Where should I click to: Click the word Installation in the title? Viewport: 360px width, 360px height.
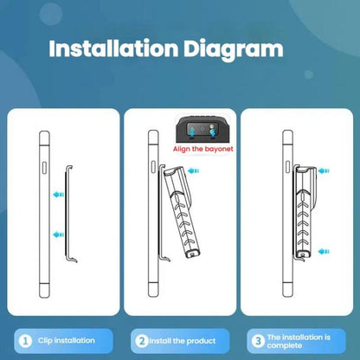(x=113, y=48)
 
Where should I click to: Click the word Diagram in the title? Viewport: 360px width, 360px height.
(x=234, y=50)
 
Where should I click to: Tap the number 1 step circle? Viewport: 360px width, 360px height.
(x=25, y=341)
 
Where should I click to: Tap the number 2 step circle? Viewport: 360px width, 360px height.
(x=142, y=341)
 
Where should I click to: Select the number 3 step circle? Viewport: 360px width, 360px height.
(x=258, y=341)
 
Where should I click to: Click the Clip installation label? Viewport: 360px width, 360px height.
(x=67, y=341)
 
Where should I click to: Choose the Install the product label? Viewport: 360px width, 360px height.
(x=183, y=341)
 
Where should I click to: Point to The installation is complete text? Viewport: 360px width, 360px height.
(x=299, y=341)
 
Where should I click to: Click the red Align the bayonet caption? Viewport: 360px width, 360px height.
(x=203, y=149)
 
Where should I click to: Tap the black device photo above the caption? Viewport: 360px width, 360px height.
(x=204, y=129)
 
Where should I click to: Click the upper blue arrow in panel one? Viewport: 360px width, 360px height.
(x=59, y=194)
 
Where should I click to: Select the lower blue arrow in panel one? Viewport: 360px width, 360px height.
(x=59, y=235)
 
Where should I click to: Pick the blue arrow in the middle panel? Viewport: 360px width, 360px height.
(x=194, y=171)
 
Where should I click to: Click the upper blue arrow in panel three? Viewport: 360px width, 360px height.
(x=324, y=171)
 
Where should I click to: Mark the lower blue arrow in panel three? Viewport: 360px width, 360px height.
(x=324, y=252)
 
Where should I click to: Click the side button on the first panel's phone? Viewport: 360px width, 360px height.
(x=44, y=168)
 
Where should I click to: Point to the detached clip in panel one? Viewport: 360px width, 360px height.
(x=67, y=214)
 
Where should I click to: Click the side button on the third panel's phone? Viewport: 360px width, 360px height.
(x=287, y=167)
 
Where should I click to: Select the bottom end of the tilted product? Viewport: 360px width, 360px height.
(x=192, y=254)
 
